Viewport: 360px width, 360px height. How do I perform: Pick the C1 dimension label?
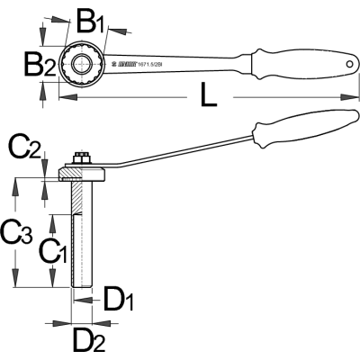point(54,250)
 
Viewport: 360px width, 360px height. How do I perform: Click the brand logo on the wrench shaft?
point(129,64)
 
